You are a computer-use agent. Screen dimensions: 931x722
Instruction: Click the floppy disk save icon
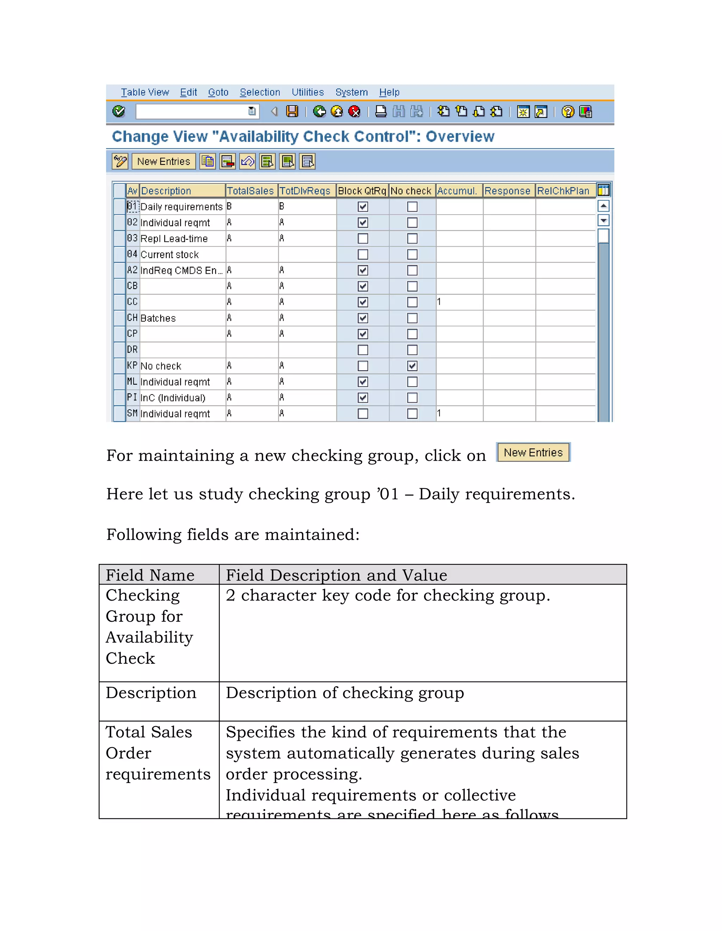[292, 112]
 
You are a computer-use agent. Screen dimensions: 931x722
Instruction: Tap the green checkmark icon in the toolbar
[118, 112]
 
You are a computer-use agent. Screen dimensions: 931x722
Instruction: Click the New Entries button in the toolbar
[164, 162]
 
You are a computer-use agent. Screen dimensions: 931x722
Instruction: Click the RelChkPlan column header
[563, 191]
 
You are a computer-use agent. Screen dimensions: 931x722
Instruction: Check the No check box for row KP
[412, 366]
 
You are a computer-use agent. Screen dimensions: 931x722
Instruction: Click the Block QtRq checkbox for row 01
[363, 207]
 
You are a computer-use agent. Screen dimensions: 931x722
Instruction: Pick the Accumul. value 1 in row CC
[439, 302]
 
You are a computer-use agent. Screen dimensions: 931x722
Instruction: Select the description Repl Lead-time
[174, 239]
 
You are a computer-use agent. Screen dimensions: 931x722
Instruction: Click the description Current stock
[170, 254]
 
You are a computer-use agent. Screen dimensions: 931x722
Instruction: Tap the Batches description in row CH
[158, 318]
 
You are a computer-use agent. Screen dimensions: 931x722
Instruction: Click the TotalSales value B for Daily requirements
[229, 206]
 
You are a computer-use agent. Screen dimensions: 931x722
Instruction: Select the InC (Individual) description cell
[173, 398]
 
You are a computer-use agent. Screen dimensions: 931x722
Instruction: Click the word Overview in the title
[460, 136]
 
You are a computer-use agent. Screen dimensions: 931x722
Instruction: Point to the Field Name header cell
[150, 575]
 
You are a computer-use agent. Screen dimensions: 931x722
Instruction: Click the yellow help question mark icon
[568, 112]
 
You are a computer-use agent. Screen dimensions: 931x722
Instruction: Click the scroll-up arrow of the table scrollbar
[604, 206]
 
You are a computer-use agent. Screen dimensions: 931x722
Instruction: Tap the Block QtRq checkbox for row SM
[363, 414]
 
